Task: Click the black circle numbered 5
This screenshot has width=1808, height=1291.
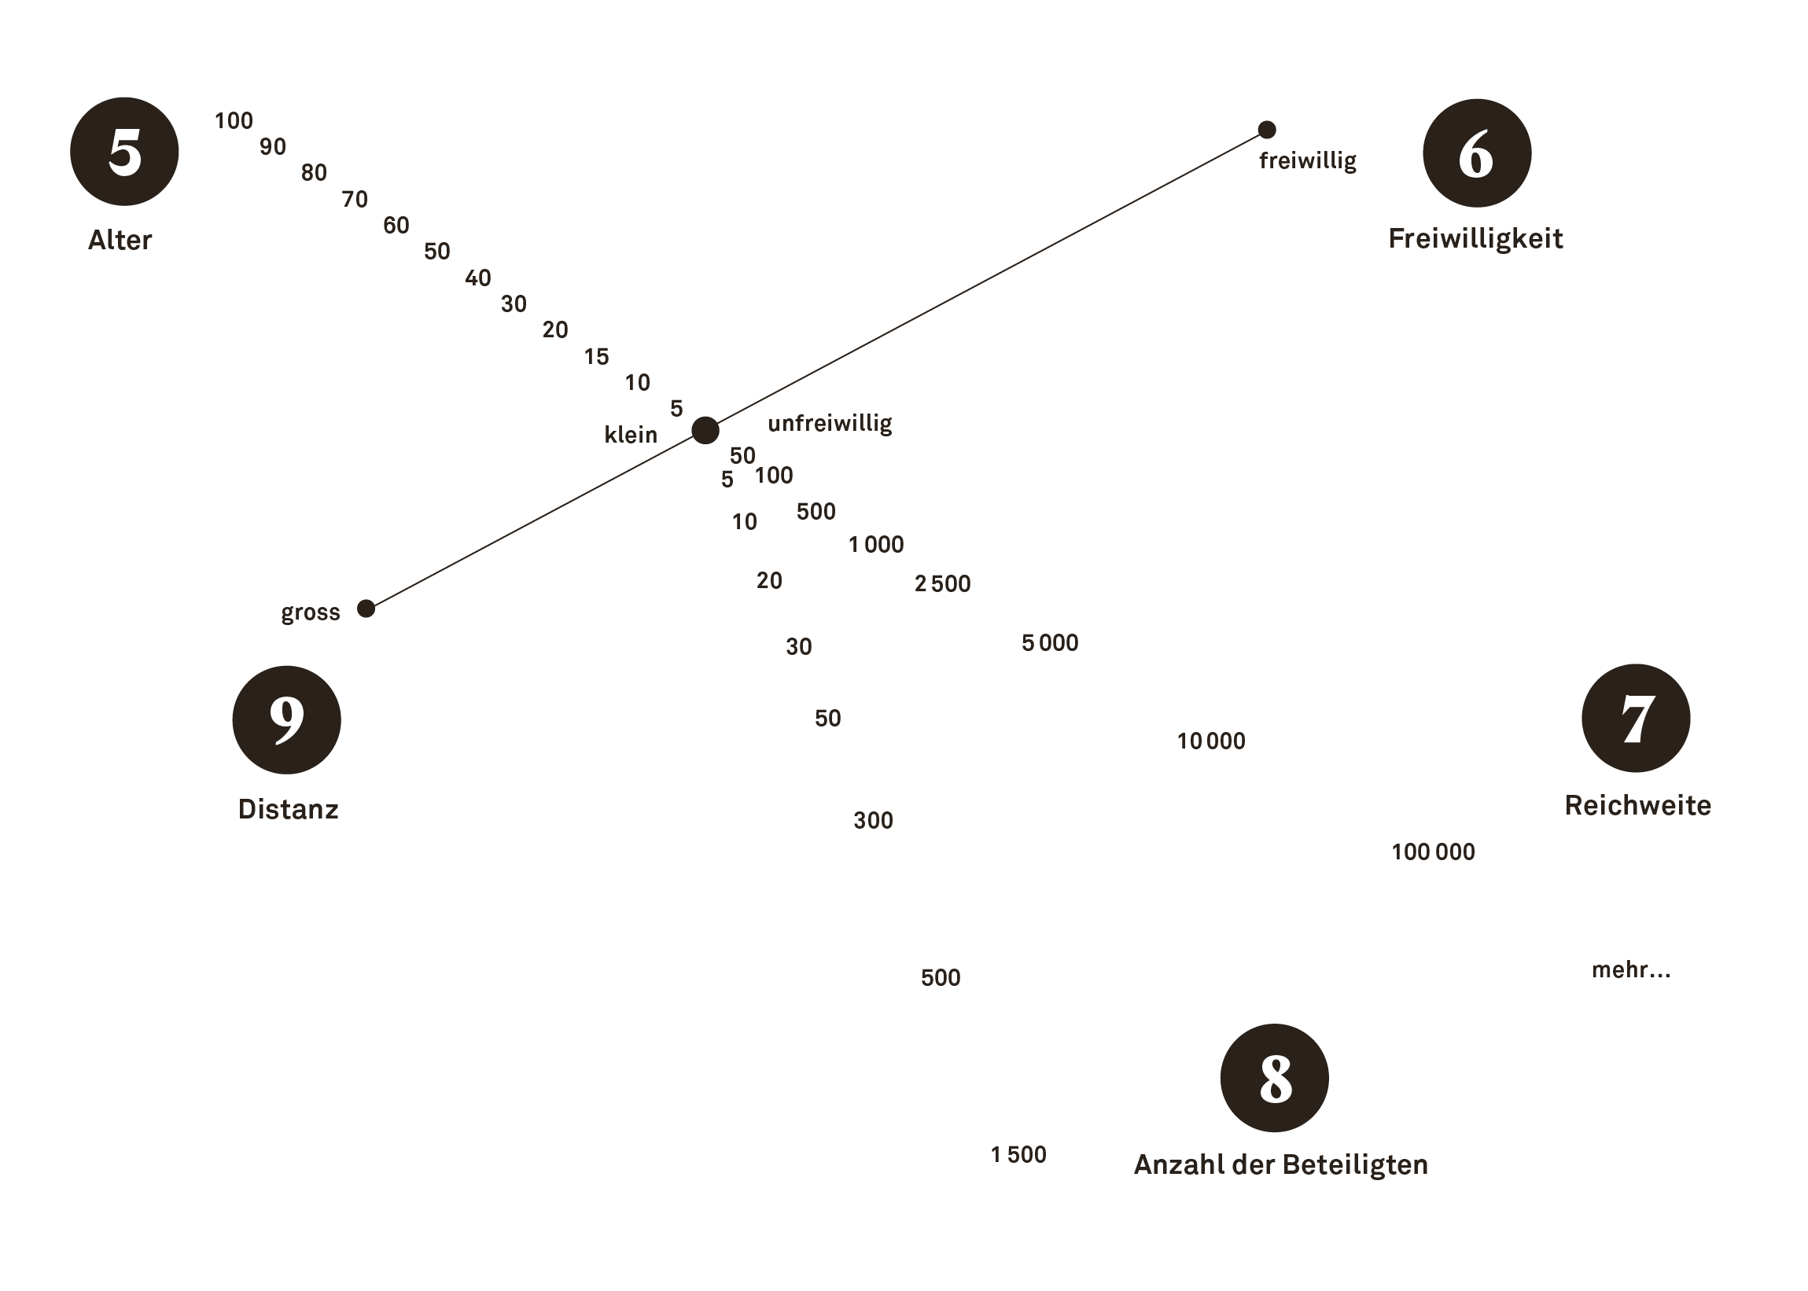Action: pyautogui.click(x=124, y=152)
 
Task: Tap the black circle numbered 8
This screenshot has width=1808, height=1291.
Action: pyautogui.click(x=1274, y=1077)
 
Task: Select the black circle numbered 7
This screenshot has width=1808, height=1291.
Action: pyautogui.click(x=1635, y=718)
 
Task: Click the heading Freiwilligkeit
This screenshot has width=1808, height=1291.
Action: pyautogui.click(x=1475, y=239)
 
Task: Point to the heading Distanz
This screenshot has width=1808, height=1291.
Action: pyautogui.click(x=288, y=809)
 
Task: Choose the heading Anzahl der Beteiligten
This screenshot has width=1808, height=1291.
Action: pyautogui.click(x=1280, y=1164)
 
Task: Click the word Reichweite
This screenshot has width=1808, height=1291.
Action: pyautogui.click(x=1637, y=805)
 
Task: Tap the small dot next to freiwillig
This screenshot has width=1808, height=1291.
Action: pyautogui.click(x=1267, y=130)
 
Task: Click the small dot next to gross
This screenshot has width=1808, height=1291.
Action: pyautogui.click(x=366, y=608)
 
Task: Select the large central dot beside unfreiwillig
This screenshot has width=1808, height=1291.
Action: pyautogui.click(x=705, y=430)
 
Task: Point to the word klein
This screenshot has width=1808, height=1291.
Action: pyautogui.click(x=631, y=435)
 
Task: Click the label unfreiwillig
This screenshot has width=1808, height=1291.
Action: pyautogui.click(x=829, y=424)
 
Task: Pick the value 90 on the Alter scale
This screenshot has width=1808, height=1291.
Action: pyautogui.click(x=273, y=147)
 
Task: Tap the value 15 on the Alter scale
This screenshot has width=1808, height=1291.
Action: pyautogui.click(x=596, y=357)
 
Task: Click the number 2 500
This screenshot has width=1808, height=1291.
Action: pyautogui.click(x=942, y=584)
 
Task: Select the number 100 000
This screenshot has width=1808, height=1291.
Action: pyautogui.click(x=1433, y=852)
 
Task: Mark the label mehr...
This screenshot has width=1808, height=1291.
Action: pyautogui.click(x=1630, y=970)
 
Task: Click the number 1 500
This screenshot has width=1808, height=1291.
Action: pyautogui.click(x=1018, y=1154)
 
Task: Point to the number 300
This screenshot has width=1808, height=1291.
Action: pyautogui.click(x=873, y=820)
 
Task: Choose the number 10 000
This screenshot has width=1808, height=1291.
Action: pyautogui.click(x=1211, y=741)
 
